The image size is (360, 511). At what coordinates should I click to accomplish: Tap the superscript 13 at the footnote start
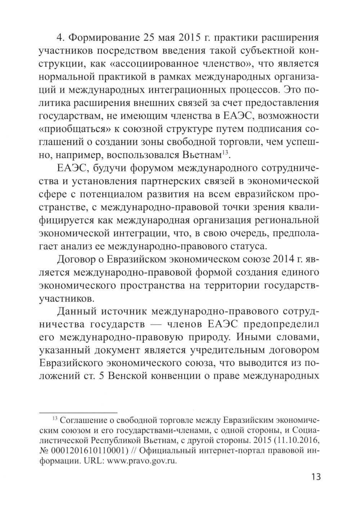click(55, 419)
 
